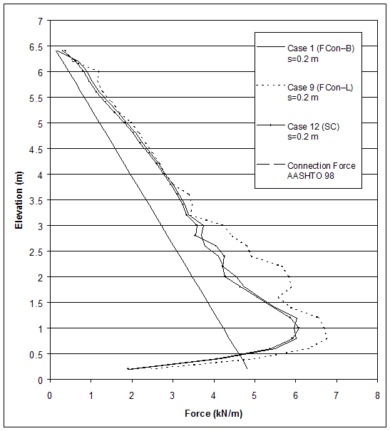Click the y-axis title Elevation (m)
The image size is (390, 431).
click(x=19, y=199)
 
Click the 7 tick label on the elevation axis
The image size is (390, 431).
click(x=40, y=21)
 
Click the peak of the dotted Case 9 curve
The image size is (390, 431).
click(x=326, y=336)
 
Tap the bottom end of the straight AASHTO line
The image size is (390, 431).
click(x=247, y=368)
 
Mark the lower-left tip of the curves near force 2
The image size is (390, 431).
click(x=128, y=368)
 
